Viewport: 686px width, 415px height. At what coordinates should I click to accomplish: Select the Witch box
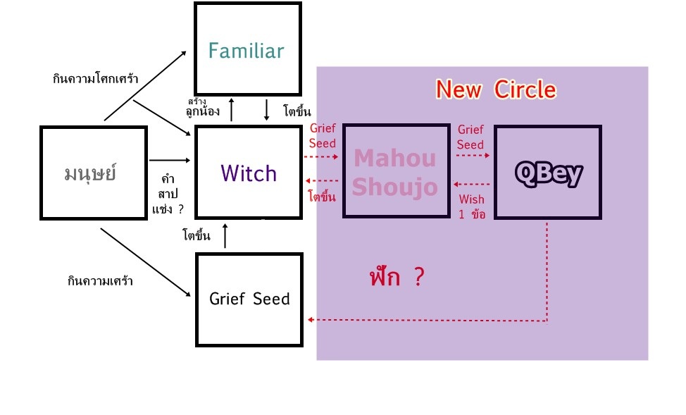[248, 172]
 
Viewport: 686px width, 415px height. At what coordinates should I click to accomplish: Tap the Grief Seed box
[249, 299]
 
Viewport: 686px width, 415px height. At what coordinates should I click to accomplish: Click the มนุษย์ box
[94, 172]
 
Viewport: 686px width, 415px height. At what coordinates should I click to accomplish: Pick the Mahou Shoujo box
[396, 172]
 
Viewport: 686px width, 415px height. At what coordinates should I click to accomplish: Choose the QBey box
[547, 172]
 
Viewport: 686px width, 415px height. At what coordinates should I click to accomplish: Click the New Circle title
[496, 89]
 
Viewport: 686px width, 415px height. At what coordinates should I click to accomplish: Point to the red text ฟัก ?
[397, 277]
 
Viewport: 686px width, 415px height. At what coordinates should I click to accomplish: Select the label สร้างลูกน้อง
[201, 107]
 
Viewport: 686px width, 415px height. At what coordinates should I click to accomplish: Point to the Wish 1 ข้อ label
[471, 207]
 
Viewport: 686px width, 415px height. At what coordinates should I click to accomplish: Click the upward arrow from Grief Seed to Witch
[225, 236]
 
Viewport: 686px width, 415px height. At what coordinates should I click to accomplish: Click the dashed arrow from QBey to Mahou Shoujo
[472, 185]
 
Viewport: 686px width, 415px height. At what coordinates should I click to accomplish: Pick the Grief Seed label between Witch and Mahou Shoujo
[323, 136]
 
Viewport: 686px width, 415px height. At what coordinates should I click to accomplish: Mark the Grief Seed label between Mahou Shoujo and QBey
[470, 137]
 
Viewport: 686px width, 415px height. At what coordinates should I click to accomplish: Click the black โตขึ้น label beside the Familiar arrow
[297, 111]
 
